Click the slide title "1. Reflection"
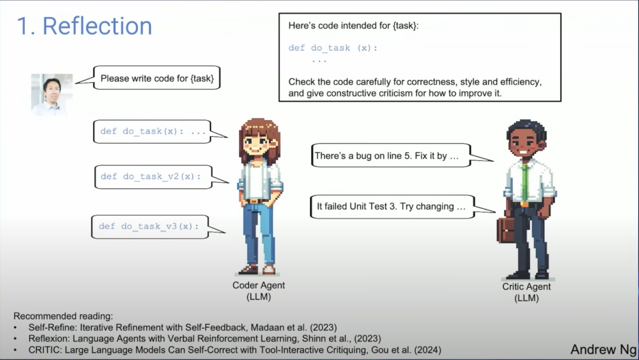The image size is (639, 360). coord(84,26)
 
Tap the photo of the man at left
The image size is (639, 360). coord(52,94)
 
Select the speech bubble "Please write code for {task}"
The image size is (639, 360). coord(157,78)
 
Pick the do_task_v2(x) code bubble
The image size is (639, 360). coord(153,176)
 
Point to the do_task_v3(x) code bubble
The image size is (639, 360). coord(150,226)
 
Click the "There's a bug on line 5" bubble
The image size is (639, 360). coord(391,156)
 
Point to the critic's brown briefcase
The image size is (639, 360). coord(506,230)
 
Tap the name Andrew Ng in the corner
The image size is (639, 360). coord(603,349)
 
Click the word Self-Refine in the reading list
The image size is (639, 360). coord(49,327)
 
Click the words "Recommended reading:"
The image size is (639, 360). coord(54,316)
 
